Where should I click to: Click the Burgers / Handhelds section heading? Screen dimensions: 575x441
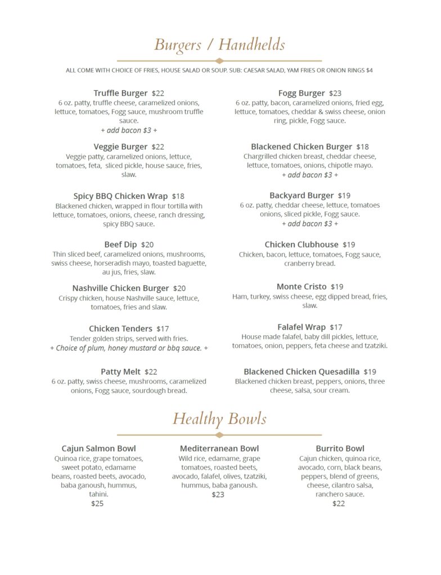219,44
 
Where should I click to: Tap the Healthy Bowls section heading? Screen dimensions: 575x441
219,419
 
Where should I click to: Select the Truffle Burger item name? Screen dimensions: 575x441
120,93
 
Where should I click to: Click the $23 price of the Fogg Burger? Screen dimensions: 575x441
335,93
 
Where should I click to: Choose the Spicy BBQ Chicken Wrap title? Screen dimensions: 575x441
120,197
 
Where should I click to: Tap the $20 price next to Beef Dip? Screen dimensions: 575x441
147,245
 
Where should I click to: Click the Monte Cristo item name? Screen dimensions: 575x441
301,287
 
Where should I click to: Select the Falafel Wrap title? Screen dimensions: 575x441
301,327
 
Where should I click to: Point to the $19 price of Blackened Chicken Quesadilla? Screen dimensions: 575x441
370,372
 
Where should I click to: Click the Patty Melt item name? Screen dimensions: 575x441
120,372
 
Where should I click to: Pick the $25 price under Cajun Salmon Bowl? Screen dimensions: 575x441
97,504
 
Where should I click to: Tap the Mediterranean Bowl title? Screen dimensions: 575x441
219,449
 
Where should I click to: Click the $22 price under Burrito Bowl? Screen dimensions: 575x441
339,504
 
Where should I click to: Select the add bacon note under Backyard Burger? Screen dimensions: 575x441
310,224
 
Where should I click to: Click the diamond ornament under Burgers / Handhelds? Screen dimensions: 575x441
219,61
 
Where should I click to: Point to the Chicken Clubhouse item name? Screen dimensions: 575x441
301,245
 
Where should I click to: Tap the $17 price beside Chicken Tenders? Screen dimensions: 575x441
163,329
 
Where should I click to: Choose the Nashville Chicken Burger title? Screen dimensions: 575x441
120,289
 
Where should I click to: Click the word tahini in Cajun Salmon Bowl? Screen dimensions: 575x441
98,494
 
